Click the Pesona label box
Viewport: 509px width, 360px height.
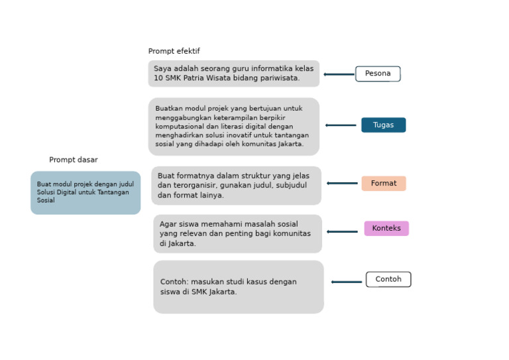click(x=378, y=74)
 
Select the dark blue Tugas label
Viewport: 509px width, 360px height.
click(x=383, y=125)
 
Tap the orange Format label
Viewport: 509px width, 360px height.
click(x=383, y=183)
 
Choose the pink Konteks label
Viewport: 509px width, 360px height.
click(x=386, y=228)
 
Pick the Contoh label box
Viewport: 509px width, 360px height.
click(x=388, y=279)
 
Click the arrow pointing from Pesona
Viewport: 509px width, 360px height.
click(x=339, y=74)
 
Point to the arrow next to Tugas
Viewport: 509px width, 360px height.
click(x=341, y=125)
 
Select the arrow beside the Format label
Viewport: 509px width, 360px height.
click(x=342, y=183)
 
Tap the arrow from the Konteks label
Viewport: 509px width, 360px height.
click(x=342, y=232)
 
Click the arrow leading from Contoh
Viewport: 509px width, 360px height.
click(x=347, y=282)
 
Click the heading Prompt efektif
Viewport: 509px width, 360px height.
click(x=174, y=51)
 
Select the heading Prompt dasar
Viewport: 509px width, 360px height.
click(x=73, y=160)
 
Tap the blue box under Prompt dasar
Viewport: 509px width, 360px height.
click(x=85, y=192)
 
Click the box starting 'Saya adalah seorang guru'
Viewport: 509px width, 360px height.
click(x=233, y=73)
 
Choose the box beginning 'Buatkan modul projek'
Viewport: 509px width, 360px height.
click(x=233, y=126)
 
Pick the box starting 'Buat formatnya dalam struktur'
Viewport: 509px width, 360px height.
click(x=236, y=185)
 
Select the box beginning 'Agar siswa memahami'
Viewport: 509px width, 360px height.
click(x=237, y=233)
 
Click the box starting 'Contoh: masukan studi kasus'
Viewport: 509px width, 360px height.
click(x=239, y=286)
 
